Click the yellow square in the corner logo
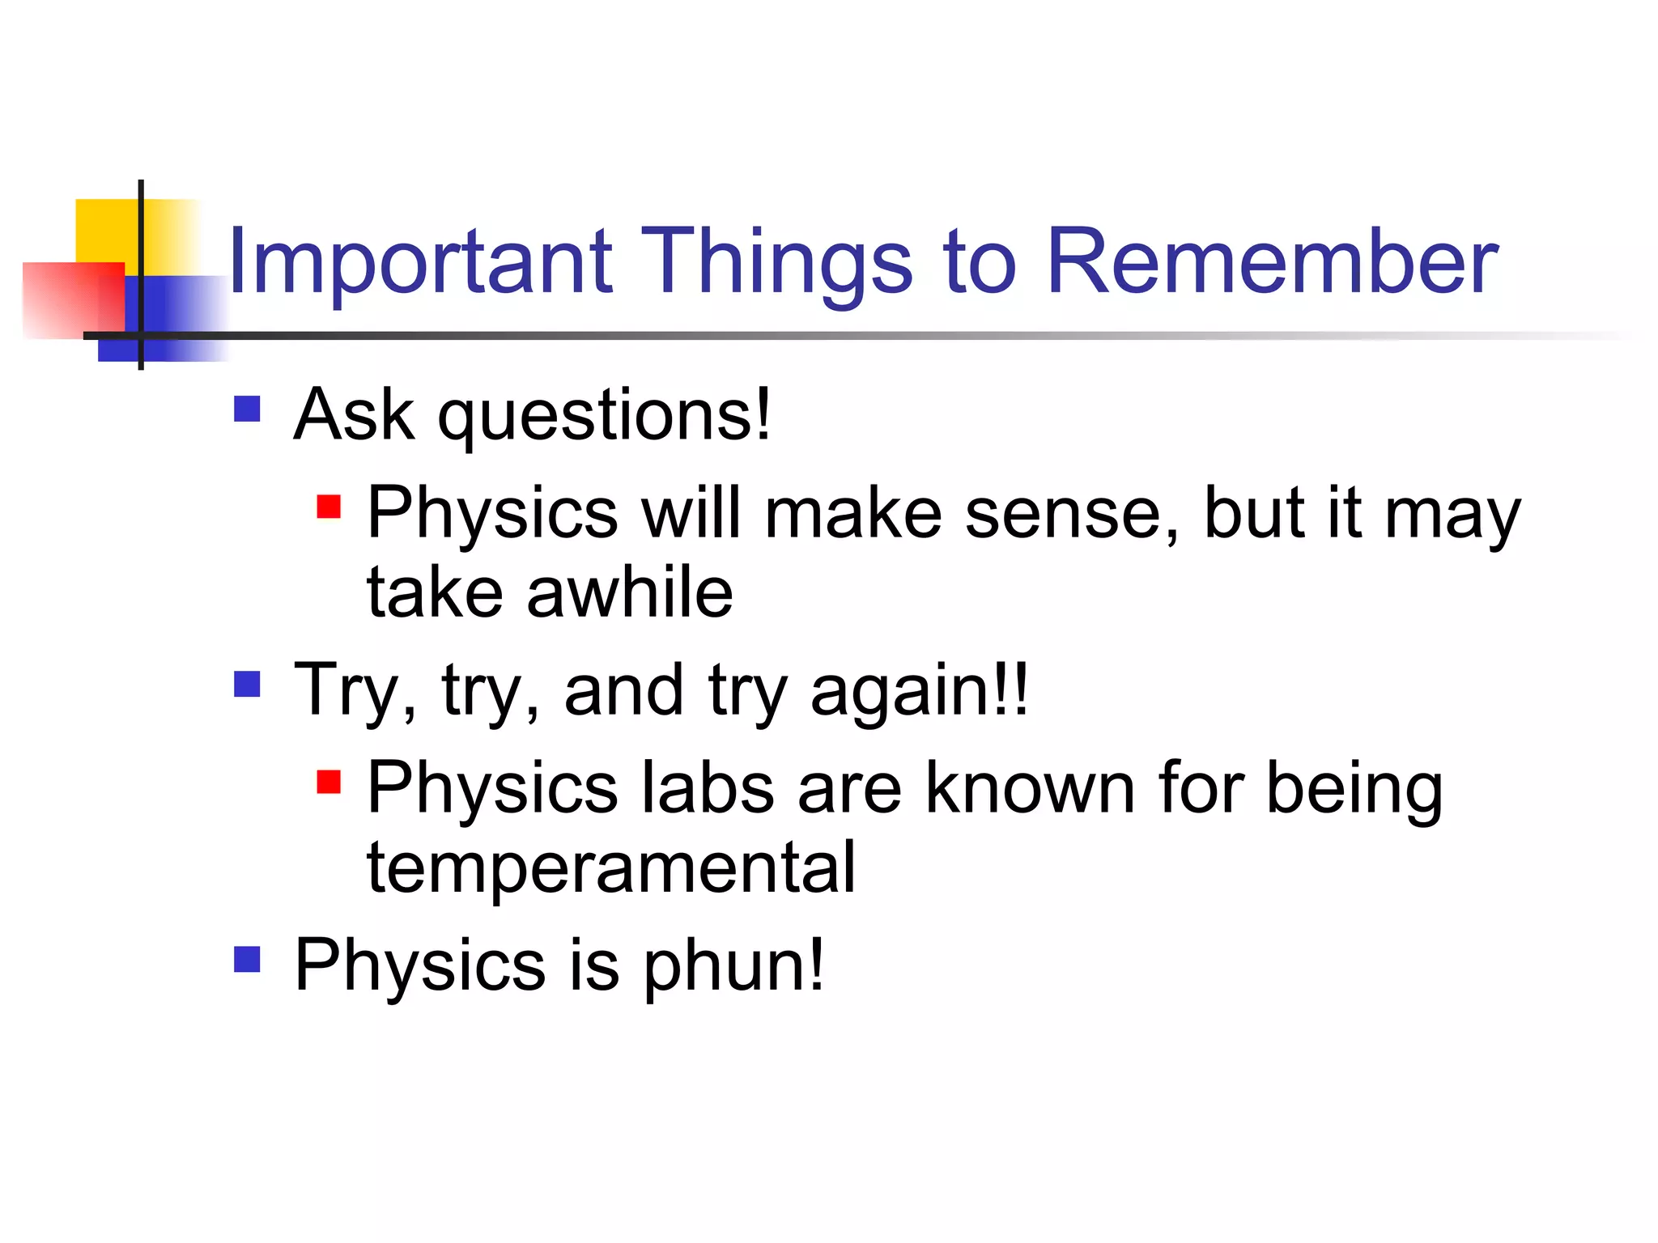(x=105, y=231)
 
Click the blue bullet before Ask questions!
(x=247, y=409)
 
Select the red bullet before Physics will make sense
(x=329, y=507)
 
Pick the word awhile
(x=629, y=592)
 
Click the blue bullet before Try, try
(x=247, y=684)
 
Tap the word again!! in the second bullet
(x=919, y=690)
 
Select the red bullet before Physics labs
(x=329, y=782)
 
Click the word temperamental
(x=610, y=868)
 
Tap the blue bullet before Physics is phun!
(x=247, y=959)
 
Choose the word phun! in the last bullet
(x=733, y=965)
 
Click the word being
(x=1354, y=789)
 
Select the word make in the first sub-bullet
(x=852, y=513)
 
